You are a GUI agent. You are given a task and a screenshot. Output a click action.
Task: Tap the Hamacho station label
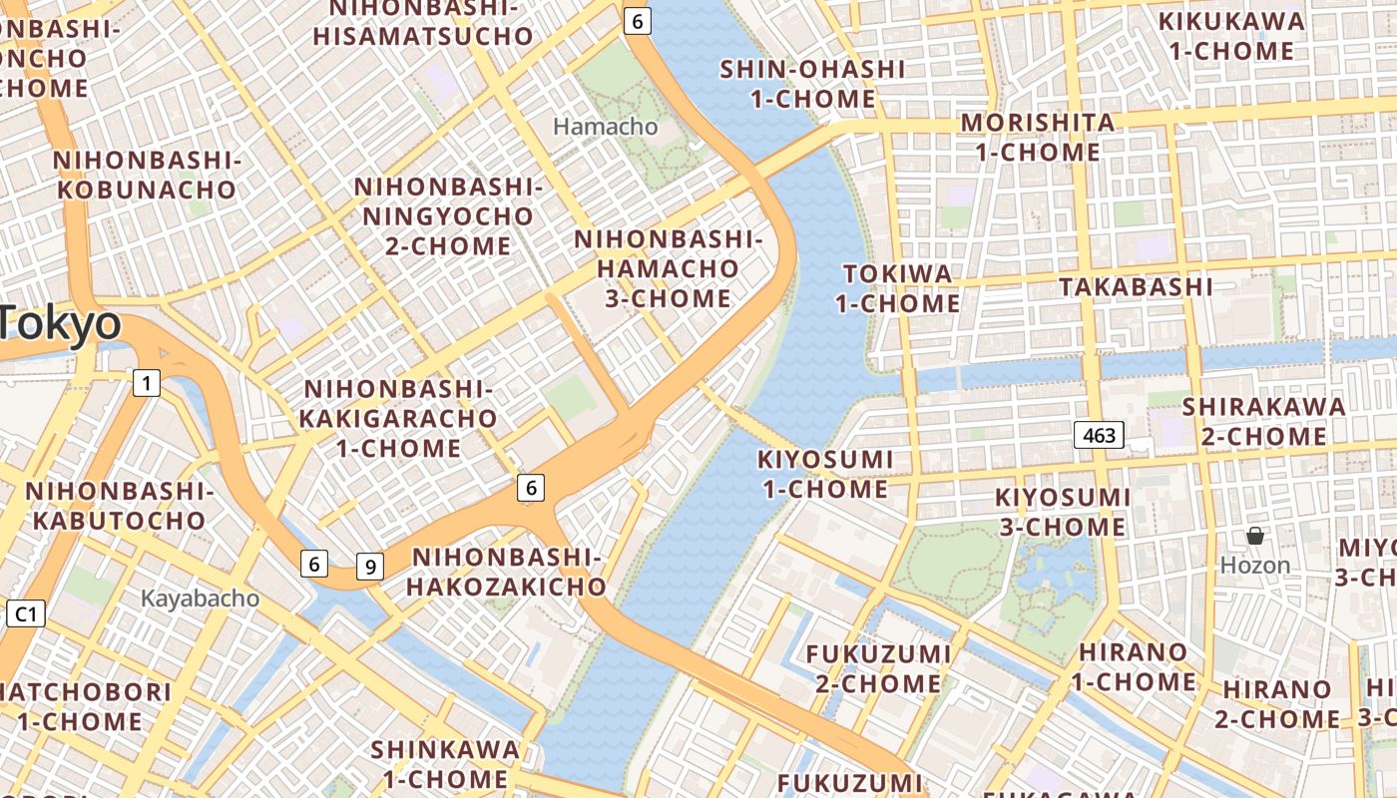coord(606,127)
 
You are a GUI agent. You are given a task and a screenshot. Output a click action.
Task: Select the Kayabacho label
coord(200,598)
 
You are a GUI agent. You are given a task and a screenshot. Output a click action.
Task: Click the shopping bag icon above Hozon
coord(1255,537)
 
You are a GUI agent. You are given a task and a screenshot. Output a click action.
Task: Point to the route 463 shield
coord(1099,435)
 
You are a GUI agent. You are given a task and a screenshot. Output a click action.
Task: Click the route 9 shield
coord(369,567)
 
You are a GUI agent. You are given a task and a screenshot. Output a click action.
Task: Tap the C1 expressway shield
coord(25,613)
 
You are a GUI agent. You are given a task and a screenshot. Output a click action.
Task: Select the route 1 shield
coord(147,382)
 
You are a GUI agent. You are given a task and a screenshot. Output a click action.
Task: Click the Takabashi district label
coord(1136,287)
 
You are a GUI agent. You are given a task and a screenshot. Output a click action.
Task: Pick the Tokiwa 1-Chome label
coord(897,288)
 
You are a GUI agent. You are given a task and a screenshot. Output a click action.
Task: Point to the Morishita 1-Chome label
coord(1038,138)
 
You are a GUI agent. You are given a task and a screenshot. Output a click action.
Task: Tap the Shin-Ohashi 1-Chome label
coord(812,84)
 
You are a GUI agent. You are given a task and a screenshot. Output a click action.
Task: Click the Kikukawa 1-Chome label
coord(1231,36)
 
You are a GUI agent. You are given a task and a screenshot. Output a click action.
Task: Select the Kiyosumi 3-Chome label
coord(1063,512)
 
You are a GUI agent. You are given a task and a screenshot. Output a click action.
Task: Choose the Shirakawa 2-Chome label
coord(1263,421)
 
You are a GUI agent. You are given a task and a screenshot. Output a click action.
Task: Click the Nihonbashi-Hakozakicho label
coord(508,572)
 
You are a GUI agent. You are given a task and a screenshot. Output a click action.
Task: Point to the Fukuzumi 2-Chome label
coord(878,668)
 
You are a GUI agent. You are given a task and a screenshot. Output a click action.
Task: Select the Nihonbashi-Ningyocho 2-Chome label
coord(447,215)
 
